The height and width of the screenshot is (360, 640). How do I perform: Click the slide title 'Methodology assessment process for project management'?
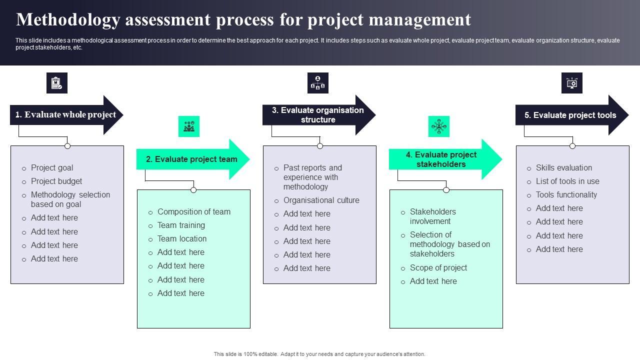pyautogui.click(x=243, y=19)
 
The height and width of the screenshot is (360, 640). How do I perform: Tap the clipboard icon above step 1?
pyautogui.click(x=57, y=83)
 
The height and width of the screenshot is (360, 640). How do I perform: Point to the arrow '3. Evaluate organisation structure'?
pyautogui.click(x=318, y=115)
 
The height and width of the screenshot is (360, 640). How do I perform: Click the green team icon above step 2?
pyautogui.click(x=189, y=126)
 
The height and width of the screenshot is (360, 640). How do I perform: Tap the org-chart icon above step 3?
pyautogui.click(x=318, y=83)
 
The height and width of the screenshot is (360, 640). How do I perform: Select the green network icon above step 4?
pyautogui.click(x=439, y=126)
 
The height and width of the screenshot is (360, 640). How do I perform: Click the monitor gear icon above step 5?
pyautogui.click(x=572, y=83)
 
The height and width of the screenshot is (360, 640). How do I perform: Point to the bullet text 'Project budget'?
pyautogui.click(x=56, y=181)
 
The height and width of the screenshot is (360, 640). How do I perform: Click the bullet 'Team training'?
pyautogui.click(x=181, y=225)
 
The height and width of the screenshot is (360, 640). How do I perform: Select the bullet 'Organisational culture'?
pyautogui.click(x=321, y=200)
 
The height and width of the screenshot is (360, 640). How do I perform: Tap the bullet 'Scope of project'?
pyautogui.click(x=438, y=268)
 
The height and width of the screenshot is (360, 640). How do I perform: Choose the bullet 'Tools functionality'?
pyautogui.click(x=566, y=195)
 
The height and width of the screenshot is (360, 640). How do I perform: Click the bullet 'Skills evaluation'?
pyautogui.click(x=563, y=168)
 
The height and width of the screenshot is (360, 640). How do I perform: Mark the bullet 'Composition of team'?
pyautogui.click(x=194, y=212)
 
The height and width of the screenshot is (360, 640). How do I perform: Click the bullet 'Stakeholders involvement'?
pyautogui.click(x=432, y=216)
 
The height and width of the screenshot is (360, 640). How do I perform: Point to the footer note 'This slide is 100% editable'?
pyautogui.click(x=319, y=354)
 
